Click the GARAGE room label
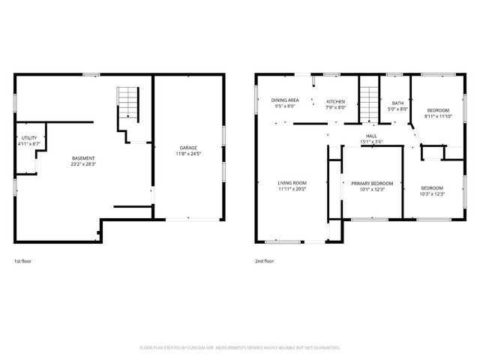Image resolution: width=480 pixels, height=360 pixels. (x=187, y=148)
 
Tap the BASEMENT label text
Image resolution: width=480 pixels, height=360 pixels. (x=83, y=158)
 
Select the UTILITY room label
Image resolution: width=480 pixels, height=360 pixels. (x=28, y=138)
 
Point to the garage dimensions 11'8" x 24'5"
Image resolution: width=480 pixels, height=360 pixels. (x=187, y=154)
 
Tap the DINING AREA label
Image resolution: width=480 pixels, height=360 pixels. (x=285, y=100)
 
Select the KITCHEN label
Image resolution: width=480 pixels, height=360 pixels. (x=335, y=100)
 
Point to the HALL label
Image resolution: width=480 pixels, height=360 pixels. (x=370, y=136)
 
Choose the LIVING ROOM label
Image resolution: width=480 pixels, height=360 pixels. (x=292, y=183)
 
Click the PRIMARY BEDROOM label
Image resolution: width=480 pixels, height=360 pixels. (x=373, y=183)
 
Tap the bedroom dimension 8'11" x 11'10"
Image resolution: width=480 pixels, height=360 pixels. (x=439, y=116)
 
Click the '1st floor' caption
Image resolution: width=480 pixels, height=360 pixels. (x=22, y=261)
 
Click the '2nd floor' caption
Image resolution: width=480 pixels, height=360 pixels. (x=264, y=261)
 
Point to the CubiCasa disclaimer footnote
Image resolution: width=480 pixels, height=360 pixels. (x=240, y=348)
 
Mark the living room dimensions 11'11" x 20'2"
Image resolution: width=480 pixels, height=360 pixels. (x=292, y=189)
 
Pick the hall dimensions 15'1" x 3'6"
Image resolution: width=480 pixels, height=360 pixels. (x=370, y=142)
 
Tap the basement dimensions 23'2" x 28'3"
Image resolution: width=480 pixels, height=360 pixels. (x=83, y=164)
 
